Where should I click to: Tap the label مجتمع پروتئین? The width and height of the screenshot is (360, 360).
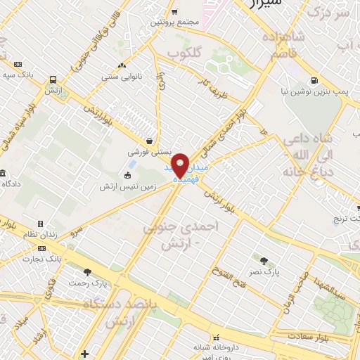175,22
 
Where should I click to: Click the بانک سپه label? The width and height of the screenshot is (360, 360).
18,74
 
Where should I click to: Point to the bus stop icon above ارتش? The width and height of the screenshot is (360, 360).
53,79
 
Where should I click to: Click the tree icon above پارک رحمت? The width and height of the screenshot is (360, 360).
87,272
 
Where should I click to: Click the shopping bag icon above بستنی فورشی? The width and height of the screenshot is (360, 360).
148,140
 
